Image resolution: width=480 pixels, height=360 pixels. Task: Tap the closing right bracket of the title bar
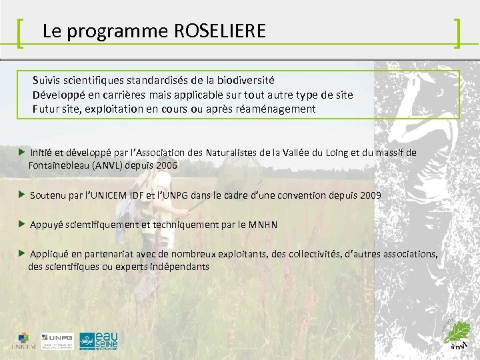pyautogui.click(x=457, y=33)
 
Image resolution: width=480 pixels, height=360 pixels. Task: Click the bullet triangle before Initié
pyautogui.click(x=22, y=153)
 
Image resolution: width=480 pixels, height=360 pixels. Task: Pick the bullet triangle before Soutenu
pyautogui.click(x=22, y=195)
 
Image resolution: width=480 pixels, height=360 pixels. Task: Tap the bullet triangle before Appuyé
pyautogui.click(x=22, y=224)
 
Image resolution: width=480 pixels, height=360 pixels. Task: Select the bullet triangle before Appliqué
pyautogui.click(x=22, y=253)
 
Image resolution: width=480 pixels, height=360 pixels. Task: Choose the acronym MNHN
pyautogui.click(x=263, y=225)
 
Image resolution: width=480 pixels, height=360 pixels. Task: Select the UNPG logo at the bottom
pyautogui.click(x=57, y=340)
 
